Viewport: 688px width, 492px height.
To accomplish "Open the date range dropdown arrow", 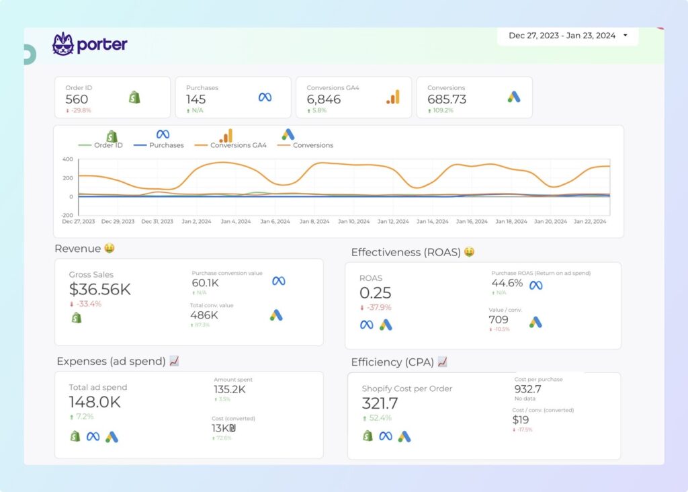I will tap(626, 36).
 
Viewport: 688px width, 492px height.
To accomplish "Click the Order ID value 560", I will tap(77, 99).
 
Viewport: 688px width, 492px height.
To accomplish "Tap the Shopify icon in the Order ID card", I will tap(134, 97).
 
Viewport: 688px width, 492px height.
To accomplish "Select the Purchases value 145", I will tap(196, 99).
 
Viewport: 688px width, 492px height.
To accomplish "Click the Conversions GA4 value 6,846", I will tap(323, 99).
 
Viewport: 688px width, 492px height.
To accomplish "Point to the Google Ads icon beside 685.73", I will tap(514, 97).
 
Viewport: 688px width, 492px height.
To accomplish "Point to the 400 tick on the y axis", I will tap(67, 159).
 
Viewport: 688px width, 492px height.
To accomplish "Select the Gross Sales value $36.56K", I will tap(99, 290).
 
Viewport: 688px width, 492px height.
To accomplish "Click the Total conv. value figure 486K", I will tap(204, 315).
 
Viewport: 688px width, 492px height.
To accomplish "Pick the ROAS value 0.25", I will tap(375, 293).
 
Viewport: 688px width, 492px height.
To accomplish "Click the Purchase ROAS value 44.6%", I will tap(507, 284).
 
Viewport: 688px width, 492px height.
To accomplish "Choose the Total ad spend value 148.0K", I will tap(94, 402).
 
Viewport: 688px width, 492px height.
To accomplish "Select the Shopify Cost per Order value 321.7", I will tap(380, 403).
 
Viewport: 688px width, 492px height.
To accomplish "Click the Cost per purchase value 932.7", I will tap(527, 389).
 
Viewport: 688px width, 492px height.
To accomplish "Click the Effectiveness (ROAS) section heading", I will tap(406, 252).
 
